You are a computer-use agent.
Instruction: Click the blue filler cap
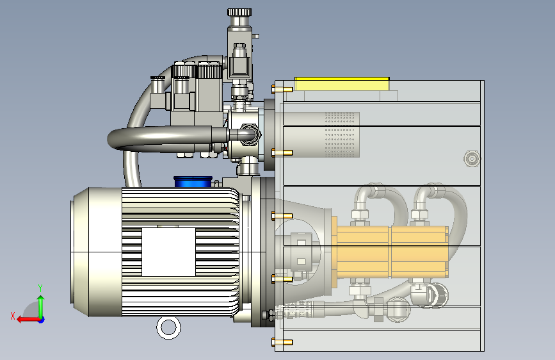tap(193, 182)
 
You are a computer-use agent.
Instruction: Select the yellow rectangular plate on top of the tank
tap(342, 84)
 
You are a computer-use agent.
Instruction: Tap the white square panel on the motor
tap(168, 252)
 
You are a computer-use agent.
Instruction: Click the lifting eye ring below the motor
tap(168, 328)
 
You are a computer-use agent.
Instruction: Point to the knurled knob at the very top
tap(239, 13)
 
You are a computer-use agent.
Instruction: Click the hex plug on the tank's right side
tap(472, 159)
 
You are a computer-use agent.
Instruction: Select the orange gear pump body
tap(390, 252)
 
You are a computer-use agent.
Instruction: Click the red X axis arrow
tap(28, 320)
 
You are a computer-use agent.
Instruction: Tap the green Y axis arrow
tap(41, 307)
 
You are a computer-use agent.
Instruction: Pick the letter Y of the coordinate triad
tap(40, 288)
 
